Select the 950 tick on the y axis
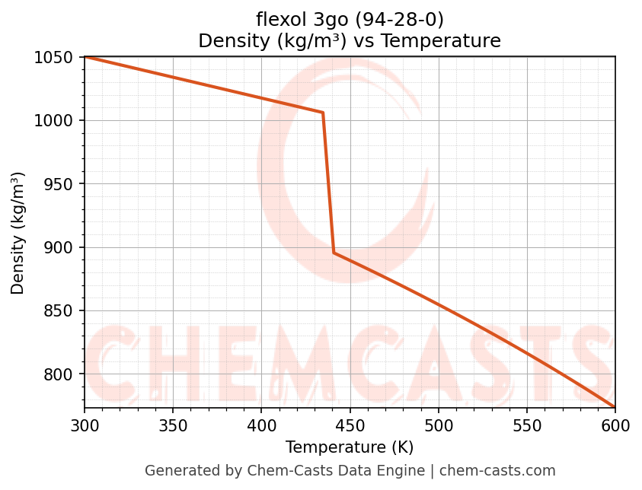(59, 184)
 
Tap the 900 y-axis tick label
(59, 247)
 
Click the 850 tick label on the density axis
(59, 311)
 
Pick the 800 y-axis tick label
(59, 374)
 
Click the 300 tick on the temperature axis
(85, 425)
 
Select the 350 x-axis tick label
(173, 425)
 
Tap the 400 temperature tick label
(261, 425)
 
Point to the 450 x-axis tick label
(350, 425)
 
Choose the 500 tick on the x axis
(438, 425)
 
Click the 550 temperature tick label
(527, 425)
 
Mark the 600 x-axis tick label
(615, 425)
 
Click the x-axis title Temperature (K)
(350, 447)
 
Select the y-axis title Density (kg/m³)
(18, 233)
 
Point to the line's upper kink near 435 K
(323, 113)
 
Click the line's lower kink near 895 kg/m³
(334, 253)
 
